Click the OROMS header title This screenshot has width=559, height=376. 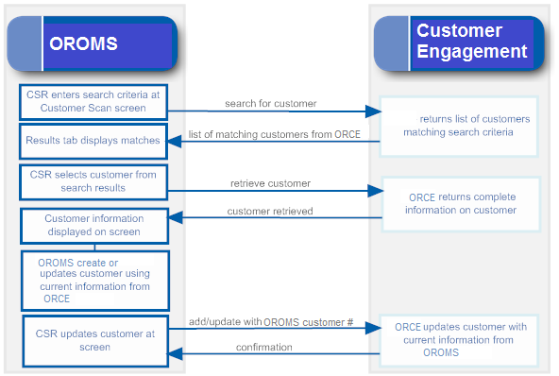84,43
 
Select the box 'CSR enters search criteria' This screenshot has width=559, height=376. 94,101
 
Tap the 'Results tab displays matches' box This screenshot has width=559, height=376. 94,141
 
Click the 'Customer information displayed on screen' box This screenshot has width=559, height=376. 94,225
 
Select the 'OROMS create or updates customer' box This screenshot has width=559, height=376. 94,280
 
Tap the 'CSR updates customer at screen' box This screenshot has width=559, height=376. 94,339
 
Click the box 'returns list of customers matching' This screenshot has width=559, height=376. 460,126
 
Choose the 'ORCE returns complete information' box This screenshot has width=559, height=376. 462,203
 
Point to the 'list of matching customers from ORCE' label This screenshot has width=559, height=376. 274,134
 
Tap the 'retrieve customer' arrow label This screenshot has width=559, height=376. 270,183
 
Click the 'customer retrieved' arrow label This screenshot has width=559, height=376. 269,211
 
